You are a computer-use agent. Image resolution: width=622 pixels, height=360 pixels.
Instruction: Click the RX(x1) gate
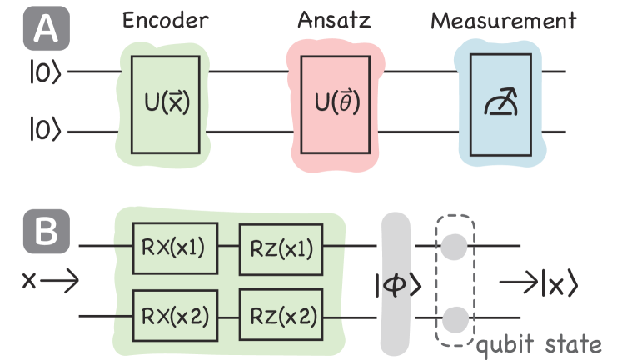point(176,247)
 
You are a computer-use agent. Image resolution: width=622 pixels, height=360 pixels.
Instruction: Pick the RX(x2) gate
point(176,316)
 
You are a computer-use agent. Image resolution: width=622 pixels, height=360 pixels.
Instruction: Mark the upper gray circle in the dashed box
point(453,246)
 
